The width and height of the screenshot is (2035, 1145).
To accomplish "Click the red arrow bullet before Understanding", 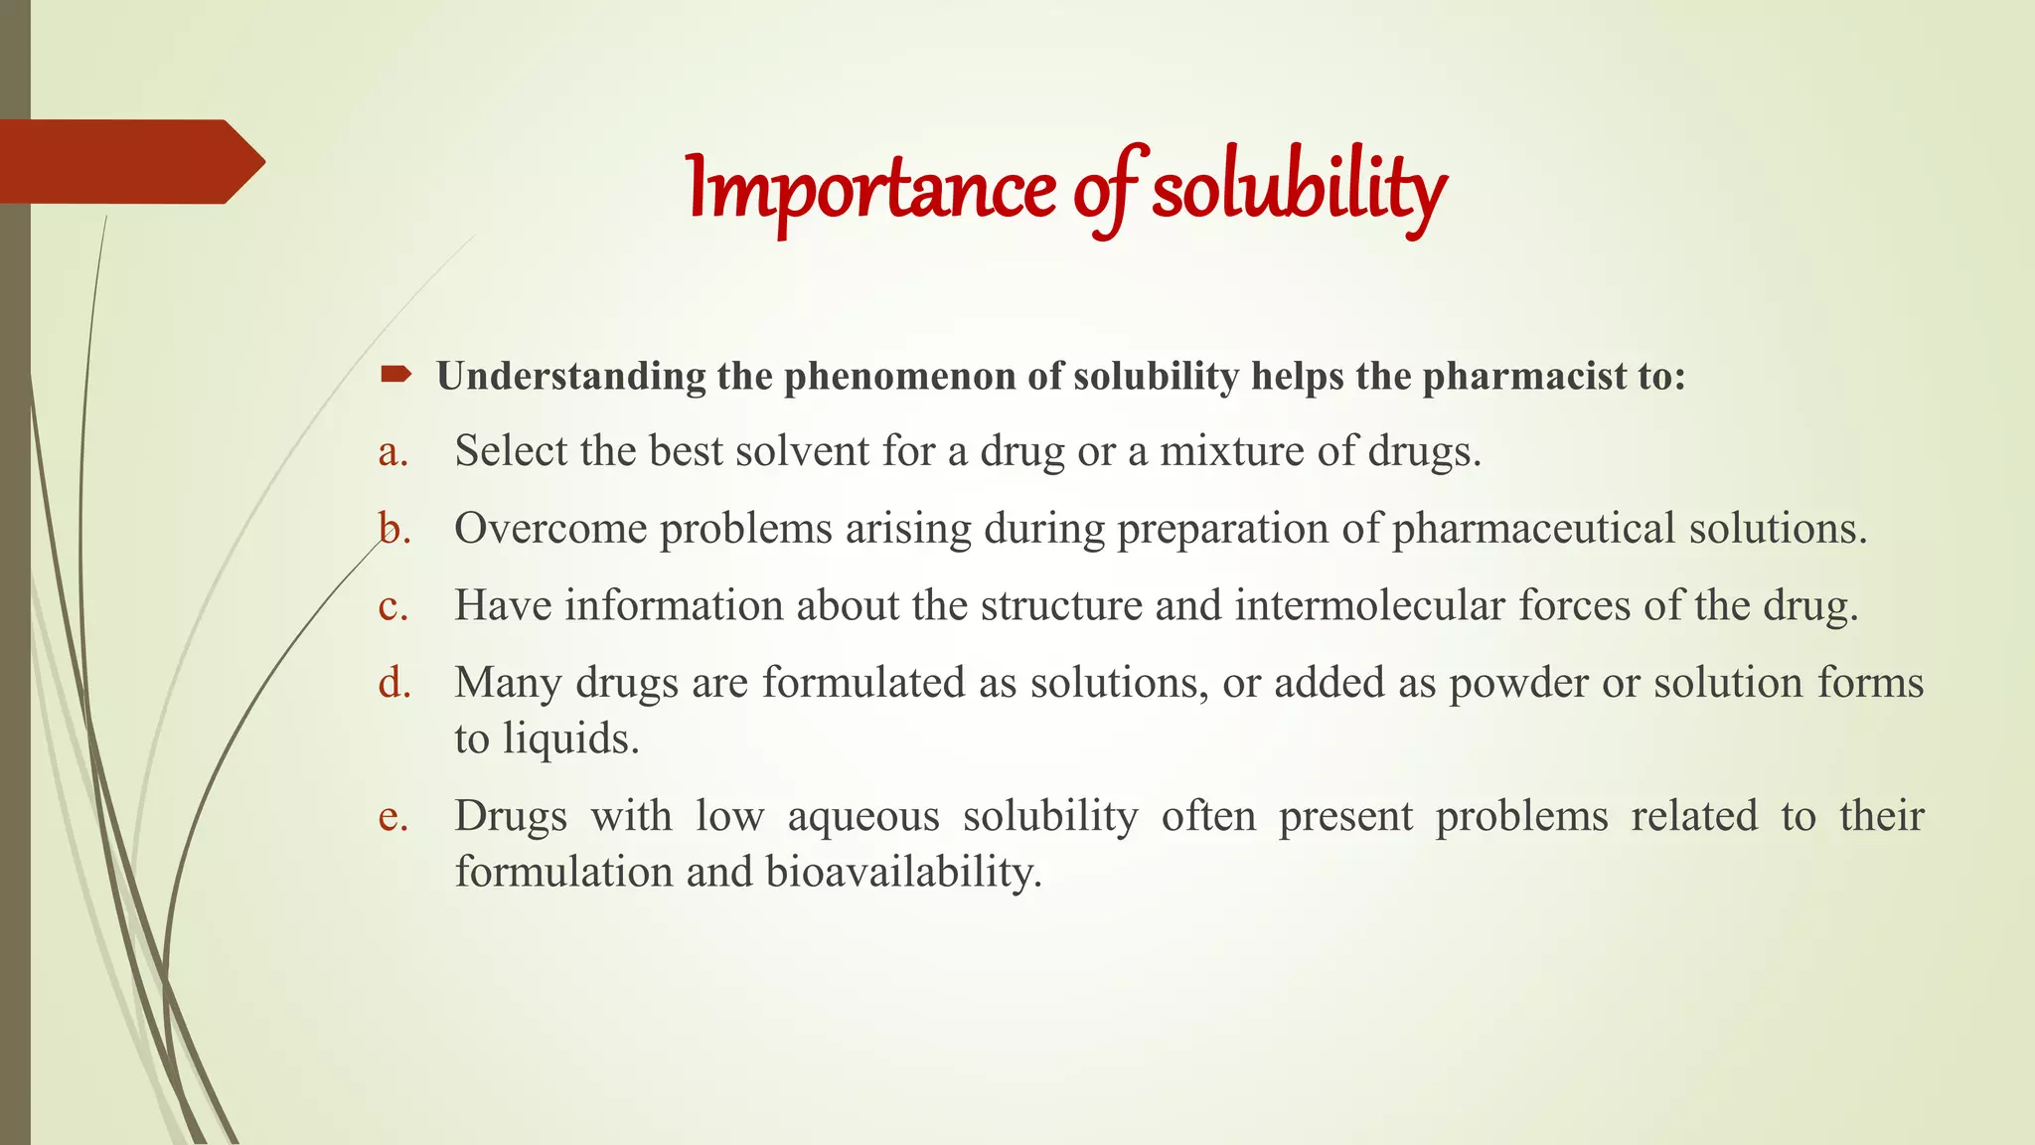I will [395, 375].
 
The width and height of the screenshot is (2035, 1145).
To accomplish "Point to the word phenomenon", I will [900, 377].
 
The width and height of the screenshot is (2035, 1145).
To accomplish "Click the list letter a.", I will [393, 452].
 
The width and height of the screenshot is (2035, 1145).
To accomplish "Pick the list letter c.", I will [393, 606].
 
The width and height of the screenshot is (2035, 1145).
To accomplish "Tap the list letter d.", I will [394, 683].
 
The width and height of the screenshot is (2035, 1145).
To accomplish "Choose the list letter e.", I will [393, 816].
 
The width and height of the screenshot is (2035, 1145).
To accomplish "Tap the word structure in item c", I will [1061, 605].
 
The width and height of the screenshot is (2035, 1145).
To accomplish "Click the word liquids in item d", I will [570, 738].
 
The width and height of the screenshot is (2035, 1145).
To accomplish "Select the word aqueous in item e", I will [863, 816].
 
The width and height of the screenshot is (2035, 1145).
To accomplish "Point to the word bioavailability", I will [903, 872].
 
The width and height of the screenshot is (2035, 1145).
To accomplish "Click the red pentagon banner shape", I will [129, 161].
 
